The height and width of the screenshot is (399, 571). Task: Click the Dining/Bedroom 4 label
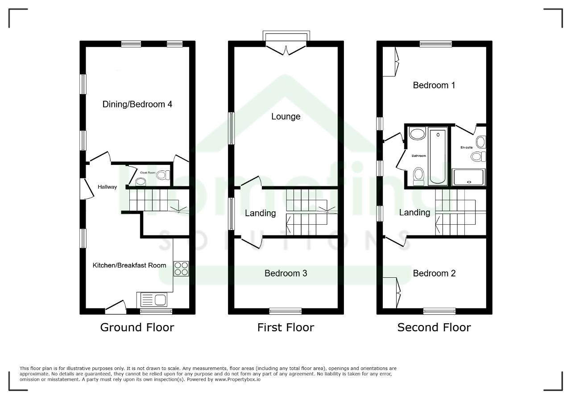pos(137,104)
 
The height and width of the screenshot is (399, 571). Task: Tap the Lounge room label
pos(286,116)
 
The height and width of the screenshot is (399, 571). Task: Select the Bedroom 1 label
pos(434,85)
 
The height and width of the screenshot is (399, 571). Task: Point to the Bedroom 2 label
pos(434,273)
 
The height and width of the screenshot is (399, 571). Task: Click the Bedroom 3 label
pos(286,273)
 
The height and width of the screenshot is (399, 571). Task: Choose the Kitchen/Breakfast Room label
pos(129,265)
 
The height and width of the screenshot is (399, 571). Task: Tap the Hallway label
pos(108,187)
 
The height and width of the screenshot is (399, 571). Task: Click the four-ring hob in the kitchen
pos(181,269)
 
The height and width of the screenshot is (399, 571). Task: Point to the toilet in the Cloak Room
pos(163,175)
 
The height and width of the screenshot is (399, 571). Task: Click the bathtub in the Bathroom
pos(438,156)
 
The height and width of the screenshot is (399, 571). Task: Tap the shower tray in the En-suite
pos(468,177)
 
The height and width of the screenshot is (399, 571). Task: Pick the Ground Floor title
pos(137,327)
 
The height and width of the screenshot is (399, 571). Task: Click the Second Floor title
pos(434,327)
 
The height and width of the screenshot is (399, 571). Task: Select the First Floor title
pos(286,327)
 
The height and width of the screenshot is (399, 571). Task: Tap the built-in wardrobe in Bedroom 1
pos(390,62)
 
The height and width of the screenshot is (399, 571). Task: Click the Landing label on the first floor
pos(260,213)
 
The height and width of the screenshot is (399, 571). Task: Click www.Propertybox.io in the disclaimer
pos(238,379)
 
